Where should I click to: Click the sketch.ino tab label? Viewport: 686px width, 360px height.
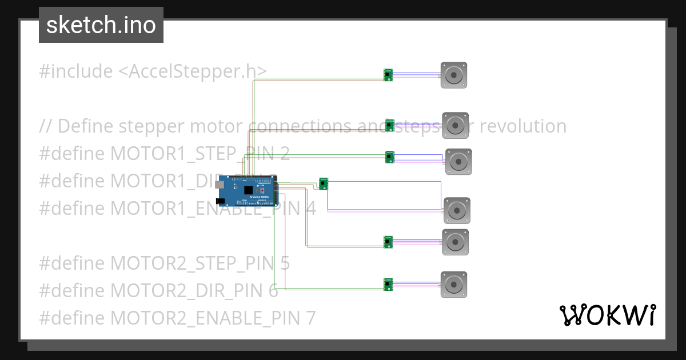tap(101, 25)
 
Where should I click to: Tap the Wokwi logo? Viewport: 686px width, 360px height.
tap(607, 315)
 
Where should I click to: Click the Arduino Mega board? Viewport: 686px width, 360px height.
tap(249, 190)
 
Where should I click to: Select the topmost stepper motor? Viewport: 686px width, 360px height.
tap(454, 75)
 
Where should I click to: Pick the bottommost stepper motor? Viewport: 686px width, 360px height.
tap(454, 285)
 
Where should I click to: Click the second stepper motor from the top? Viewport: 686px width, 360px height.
tap(455, 125)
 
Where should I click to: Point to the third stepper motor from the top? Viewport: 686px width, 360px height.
tap(458, 162)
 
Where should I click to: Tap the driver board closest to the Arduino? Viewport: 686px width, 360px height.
tap(324, 183)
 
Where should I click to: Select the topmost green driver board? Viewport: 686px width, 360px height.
tap(388, 75)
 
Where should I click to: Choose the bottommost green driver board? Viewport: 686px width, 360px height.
tap(388, 284)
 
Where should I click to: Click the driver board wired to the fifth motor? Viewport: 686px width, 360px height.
tap(388, 242)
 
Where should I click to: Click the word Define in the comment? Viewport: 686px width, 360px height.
tap(84, 126)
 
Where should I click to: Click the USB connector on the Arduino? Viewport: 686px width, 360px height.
tap(220, 185)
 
